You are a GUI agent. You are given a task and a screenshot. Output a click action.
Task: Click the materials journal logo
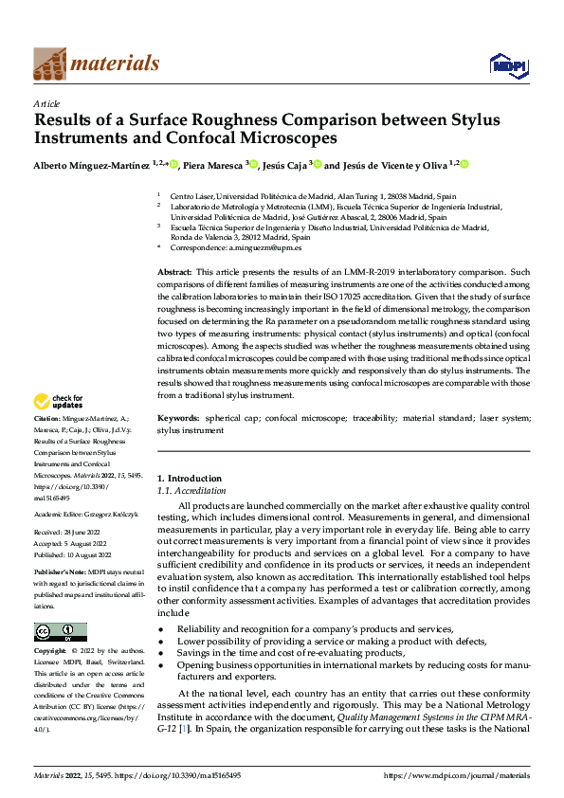tap(96, 63)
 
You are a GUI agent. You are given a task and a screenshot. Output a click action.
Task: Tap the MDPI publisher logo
tap(509, 64)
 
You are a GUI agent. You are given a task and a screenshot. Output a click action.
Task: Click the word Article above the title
tap(46, 103)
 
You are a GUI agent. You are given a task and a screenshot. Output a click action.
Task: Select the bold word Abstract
tap(175, 272)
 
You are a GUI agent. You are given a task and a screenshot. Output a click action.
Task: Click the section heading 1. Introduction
tap(190, 479)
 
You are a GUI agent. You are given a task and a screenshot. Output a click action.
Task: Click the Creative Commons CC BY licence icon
tap(60, 632)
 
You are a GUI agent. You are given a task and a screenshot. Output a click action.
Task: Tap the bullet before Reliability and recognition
tap(161, 629)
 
